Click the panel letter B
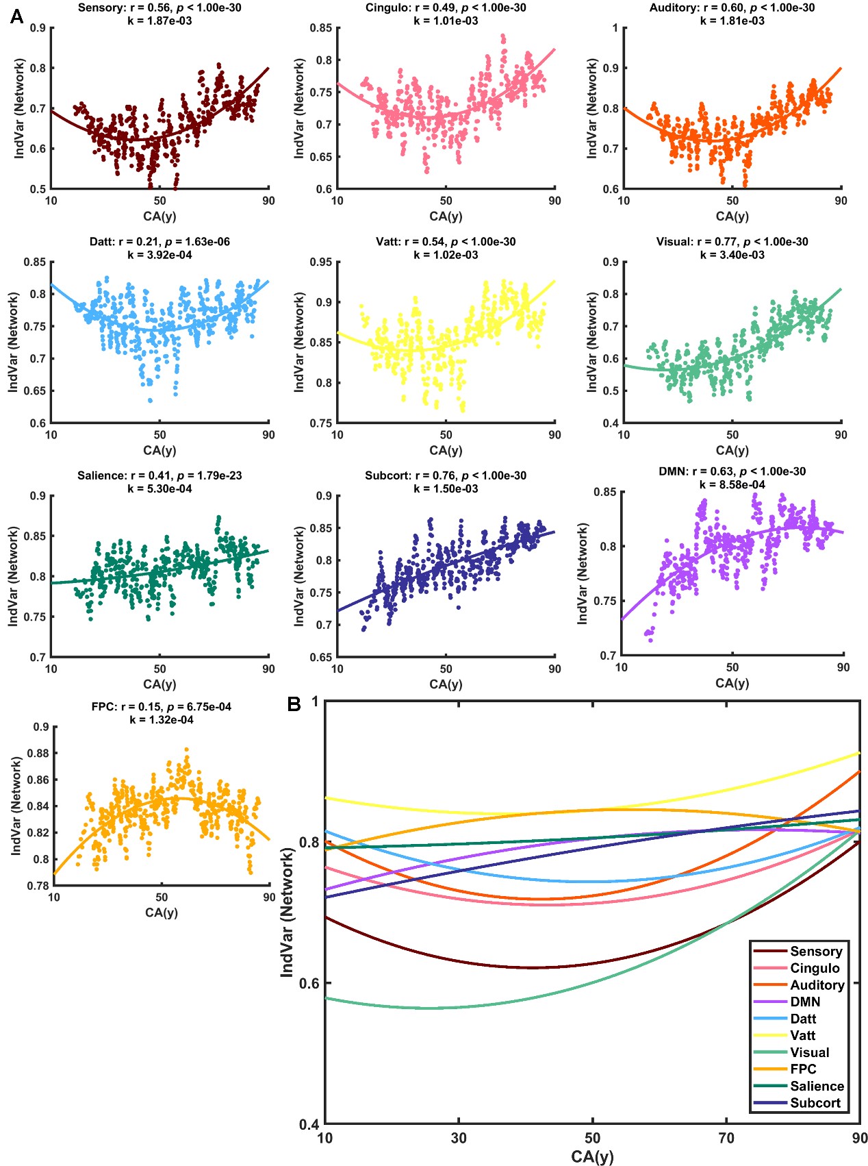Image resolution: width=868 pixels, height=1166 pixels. click(x=294, y=704)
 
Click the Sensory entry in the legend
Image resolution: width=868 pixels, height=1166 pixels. click(x=815, y=952)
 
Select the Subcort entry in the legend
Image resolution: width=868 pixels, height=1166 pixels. click(x=815, y=1103)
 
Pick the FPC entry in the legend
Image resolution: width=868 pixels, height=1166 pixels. click(x=803, y=1069)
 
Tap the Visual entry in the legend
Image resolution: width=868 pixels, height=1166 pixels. click(x=809, y=1052)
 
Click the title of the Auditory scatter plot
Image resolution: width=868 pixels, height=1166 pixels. click(x=732, y=8)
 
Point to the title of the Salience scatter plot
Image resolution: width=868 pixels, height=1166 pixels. click(x=159, y=475)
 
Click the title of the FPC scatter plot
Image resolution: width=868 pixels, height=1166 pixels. click(x=161, y=707)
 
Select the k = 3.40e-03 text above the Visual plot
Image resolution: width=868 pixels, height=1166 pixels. click(x=732, y=255)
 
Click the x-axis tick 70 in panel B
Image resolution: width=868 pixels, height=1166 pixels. click(x=726, y=1139)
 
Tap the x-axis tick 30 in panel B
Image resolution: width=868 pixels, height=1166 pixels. click(x=459, y=1139)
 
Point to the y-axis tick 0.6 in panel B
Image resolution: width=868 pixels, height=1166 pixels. click(x=309, y=983)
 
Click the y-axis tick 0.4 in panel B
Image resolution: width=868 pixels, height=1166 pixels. click(x=309, y=1124)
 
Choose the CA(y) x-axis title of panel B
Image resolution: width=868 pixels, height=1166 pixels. click(x=592, y=1157)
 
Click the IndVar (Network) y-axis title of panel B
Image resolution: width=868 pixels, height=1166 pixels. click(x=288, y=913)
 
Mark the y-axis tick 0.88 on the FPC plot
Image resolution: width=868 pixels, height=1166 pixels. click(x=38, y=754)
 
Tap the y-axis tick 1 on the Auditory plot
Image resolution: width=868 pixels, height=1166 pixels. click(x=615, y=28)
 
